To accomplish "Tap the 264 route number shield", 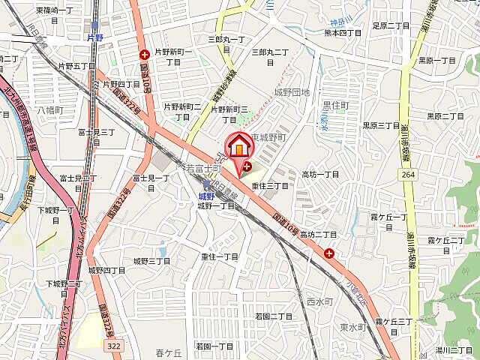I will click(407, 175).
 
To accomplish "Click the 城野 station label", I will click(205, 195).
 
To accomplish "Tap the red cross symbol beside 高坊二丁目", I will click(329, 253).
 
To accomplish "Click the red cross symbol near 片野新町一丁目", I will click(144, 53).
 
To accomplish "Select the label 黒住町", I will click(335, 106).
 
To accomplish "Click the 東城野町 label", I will click(270, 138).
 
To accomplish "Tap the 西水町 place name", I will click(319, 301).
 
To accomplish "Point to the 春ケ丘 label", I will click(169, 352).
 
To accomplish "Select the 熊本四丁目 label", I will click(343, 33).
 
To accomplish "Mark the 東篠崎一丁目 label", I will click(55, 10).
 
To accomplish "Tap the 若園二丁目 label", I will click(274, 316).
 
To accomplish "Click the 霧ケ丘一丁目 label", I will click(388, 221).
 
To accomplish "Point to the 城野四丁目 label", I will click(106, 270).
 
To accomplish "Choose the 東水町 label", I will click(351, 327).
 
